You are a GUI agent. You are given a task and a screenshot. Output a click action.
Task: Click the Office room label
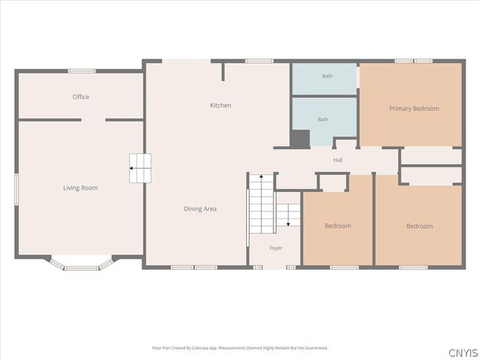[81, 97]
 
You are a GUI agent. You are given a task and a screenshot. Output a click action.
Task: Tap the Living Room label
[80, 188]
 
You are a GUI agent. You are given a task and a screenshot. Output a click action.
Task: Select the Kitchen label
[220, 105]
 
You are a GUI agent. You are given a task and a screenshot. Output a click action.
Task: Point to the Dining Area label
[200, 208]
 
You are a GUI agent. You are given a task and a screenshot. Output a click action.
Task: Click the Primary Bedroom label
[414, 109]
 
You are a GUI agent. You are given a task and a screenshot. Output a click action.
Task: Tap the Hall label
[338, 160]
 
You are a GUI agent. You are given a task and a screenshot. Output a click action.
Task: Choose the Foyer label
[276, 248]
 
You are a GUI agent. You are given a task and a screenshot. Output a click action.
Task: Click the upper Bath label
[327, 76]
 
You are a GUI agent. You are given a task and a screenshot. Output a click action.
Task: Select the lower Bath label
[323, 119]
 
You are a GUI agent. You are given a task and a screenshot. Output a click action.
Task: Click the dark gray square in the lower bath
[300, 139]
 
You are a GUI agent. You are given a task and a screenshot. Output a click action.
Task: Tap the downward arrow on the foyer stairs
[288, 215]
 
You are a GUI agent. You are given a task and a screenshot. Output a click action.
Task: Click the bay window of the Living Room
[82, 265]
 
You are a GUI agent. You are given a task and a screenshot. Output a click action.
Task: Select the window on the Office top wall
[82, 71]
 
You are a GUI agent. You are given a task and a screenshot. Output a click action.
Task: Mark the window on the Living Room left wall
[16, 189]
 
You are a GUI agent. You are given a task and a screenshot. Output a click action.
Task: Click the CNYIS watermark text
[463, 352]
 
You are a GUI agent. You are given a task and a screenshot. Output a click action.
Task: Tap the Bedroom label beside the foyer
[338, 226]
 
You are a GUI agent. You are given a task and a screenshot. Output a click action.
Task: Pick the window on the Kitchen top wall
[259, 61]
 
